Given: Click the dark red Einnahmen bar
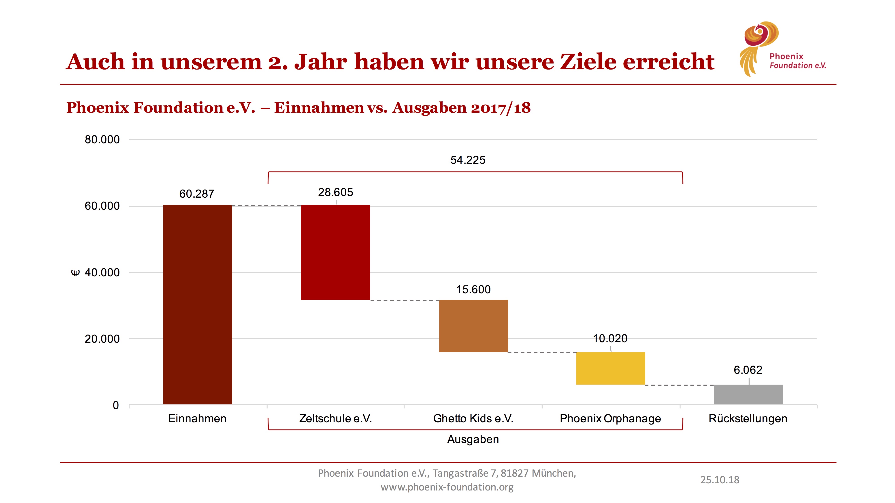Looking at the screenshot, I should click(x=197, y=304).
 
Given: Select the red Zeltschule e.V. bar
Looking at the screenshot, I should click(x=335, y=252).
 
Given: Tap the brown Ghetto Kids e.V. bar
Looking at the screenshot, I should click(x=473, y=326).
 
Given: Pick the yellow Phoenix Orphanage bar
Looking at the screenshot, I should click(x=610, y=368).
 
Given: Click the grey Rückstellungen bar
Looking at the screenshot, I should click(x=748, y=394).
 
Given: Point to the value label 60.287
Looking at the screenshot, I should click(x=197, y=194).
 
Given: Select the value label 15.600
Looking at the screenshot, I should click(x=473, y=290).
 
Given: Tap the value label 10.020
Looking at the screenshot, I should click(x=610, y=338).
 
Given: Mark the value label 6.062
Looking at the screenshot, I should click(x=748, y=370).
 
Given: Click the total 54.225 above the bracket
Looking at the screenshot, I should click(x=468, y=160).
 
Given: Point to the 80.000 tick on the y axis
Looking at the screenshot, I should click(x=102, y=139).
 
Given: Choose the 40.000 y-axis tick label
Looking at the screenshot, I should click(x=102, y=273).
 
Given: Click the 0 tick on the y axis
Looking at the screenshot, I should click(x=116, y=405).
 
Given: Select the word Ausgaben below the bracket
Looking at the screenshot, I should click(x=473, y=440).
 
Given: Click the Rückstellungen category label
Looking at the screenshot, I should click(x=748, y=419).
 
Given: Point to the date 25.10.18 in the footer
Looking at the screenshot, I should click(x=720, y=480).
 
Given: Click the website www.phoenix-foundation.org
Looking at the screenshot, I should click(x=447, y=487).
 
